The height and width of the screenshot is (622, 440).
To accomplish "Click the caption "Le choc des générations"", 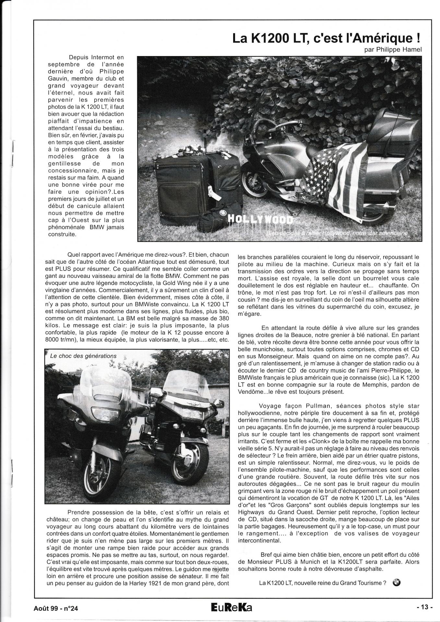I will click(x=83, y=356).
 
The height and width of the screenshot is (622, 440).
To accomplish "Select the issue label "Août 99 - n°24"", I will click(x=56, y=608).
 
